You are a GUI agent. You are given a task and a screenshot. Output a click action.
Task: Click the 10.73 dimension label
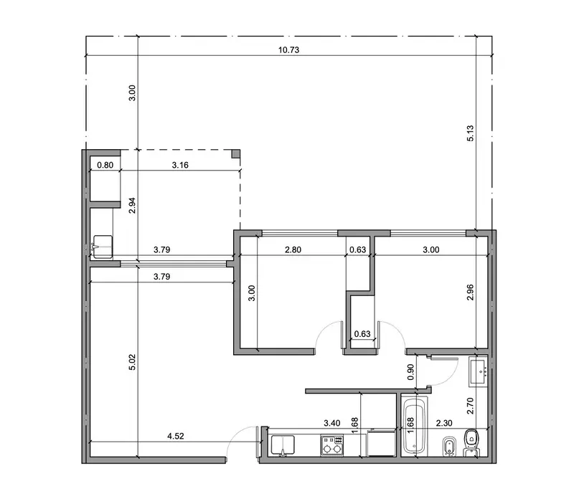pyautogui.click(x=288, y=49)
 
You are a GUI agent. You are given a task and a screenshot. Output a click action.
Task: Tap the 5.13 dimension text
pyautogui.click(x=471, y=133)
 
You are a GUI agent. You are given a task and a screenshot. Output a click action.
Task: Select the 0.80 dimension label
pyautogui.click(x=105, y=166)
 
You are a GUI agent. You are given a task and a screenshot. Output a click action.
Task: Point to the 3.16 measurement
pyautogui.click(x=180, y=166)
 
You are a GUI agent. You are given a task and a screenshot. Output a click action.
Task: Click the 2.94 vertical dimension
pyautogui.click(x=132, y=206)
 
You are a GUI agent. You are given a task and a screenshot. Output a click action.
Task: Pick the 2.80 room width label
pyautogui.click(x=293, y=249)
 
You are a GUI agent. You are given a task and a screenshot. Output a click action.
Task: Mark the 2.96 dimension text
pyautogui.click(x=471, y=292)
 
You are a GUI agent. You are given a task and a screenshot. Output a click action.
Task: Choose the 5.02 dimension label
pyautogui.click(x=132, y=362)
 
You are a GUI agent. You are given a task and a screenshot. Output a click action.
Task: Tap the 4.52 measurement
pyautogui.click(x=175, y=436)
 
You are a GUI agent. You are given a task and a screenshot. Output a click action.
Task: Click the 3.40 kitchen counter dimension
pyautogui.click(x=332, y=424)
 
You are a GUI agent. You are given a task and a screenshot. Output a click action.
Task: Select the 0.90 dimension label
pyautogui.click(x=410, y=372)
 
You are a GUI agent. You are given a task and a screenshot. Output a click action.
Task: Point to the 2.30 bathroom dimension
pyautogui.click(x=444, y=424)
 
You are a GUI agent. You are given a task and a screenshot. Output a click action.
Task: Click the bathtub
pyautogui.click(x=415, y=426)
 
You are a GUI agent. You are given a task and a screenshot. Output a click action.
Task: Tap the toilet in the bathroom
pyautogui.click(x=471, y=442)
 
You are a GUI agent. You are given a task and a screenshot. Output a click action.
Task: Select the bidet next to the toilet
pyautogui.click(x=449, y=446)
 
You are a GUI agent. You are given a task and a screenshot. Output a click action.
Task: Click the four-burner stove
pyautogui.click(x=332, y=445)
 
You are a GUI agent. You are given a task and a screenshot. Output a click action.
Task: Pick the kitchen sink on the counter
pyautogui.click(x=283, y=445)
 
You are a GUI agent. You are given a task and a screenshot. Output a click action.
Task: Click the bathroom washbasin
pyautogui.click(x=479, y=372)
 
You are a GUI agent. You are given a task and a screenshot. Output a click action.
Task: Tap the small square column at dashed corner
pyautogui.click(x=236, y=153)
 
